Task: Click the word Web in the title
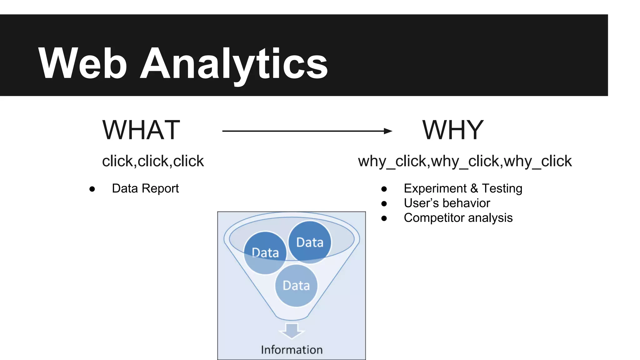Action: tap(82, 63)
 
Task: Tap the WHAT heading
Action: tap(141, 130)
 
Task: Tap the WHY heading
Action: tap(453, 130)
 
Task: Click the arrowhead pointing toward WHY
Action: tap(388, 131)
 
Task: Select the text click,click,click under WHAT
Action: tap(153, 161)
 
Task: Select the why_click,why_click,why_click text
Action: tap(465, 161)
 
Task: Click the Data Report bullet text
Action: tap(145, 188)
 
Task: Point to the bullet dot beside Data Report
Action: tap(92, 189)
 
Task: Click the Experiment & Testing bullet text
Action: tap(463, 188)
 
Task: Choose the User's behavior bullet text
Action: tap(447, 203)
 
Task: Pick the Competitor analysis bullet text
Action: tap(458, 218)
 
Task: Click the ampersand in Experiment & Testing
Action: tap(474, 188)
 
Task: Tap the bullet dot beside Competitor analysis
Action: tap(384, 218)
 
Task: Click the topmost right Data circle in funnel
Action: tap(310, 242)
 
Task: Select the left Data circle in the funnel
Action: tap(265, 252)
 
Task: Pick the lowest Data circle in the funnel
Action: tap(296, 285)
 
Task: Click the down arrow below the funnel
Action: tap(292, 331)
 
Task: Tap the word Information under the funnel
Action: tap(292, 350)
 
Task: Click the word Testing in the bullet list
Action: tap(502, 188)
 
